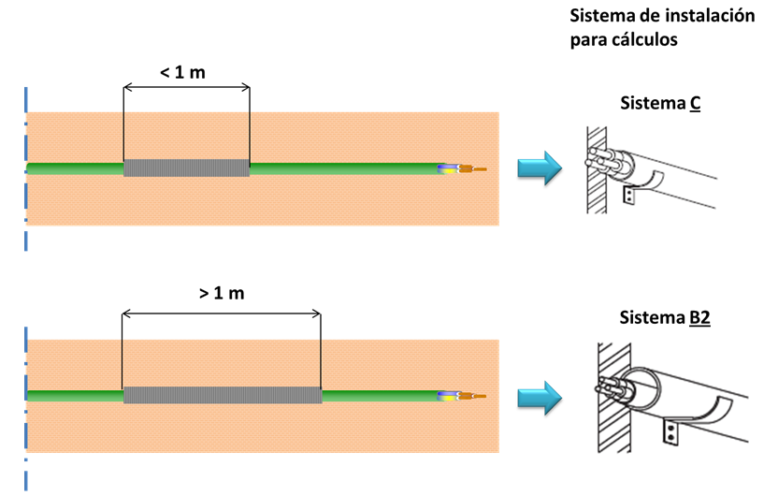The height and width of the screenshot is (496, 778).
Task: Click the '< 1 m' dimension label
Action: coord(185,71)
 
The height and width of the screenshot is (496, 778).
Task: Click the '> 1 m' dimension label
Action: coord(222,293)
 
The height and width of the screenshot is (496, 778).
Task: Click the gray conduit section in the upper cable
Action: coord(187,168)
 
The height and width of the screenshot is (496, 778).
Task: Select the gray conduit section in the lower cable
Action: coord(222,395)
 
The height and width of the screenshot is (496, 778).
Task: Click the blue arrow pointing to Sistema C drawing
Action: coord(540,168)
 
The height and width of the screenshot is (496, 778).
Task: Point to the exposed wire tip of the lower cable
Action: coord(479,396)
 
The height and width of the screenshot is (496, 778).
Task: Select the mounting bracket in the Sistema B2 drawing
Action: coord(671,430)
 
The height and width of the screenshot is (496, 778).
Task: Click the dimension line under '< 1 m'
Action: coord(186,88)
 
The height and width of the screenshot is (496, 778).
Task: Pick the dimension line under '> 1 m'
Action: coord(222,313)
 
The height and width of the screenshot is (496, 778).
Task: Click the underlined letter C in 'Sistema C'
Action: coord(696,104)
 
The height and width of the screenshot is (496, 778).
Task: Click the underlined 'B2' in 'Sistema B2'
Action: coord(699,318)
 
